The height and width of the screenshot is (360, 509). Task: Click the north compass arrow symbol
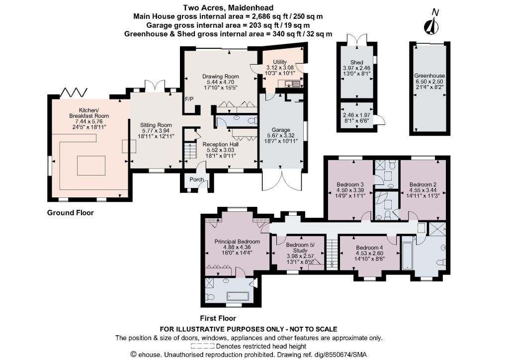[x=431, y=26]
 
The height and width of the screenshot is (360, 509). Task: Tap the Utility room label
[x=280, y=62]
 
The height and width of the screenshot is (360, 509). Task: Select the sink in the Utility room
[x=292, y=85]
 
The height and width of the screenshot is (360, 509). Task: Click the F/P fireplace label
[x=189, y=98]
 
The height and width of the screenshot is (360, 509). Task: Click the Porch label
[x=197, y=179]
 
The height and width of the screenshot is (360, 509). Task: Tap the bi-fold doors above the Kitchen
[x=74, y=92]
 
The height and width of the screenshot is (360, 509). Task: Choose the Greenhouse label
[x=429, y=76]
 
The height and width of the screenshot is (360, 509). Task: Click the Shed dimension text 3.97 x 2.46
[x=356, y=68]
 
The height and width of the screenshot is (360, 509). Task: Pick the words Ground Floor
[x=71, y=213]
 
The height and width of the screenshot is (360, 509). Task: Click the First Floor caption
[x=218, y=318]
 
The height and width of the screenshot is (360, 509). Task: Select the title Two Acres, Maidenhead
[x=228, y=7]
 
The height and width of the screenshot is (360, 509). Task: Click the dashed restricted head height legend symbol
[x=203, y=346]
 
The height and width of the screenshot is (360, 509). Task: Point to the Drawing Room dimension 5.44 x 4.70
[x=220, y=82]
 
